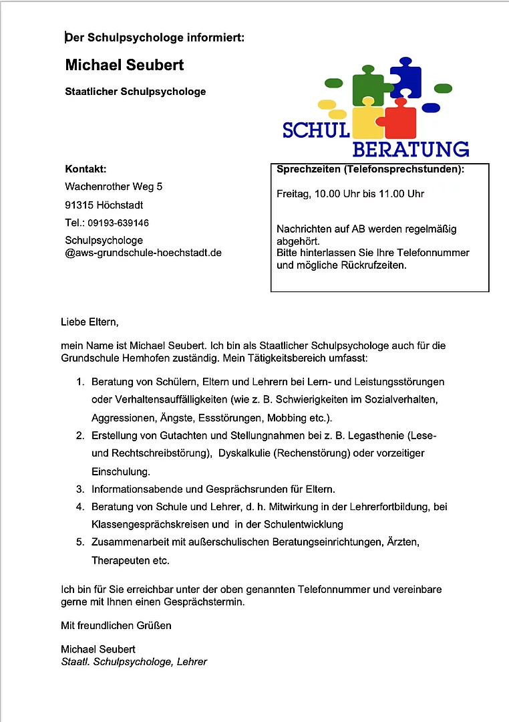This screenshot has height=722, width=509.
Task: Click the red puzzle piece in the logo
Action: (400, 120)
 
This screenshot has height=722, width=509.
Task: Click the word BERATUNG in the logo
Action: (410, 148)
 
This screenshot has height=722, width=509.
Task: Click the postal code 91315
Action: (79, 205)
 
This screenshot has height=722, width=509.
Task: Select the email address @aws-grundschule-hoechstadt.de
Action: (143, 253)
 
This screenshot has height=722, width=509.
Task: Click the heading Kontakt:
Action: (86, 168)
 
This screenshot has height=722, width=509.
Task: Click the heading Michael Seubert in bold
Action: (124, 65)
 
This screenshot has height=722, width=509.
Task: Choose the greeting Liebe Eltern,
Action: (90, 322)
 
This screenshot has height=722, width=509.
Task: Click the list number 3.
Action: (79, 489)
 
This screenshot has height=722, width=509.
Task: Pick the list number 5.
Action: (79, 542)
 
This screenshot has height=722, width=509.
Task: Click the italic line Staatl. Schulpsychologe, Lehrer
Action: (134, 662)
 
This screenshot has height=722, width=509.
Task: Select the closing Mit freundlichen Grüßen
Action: (116, 626)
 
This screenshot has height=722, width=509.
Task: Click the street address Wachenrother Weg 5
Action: (114, 187)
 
